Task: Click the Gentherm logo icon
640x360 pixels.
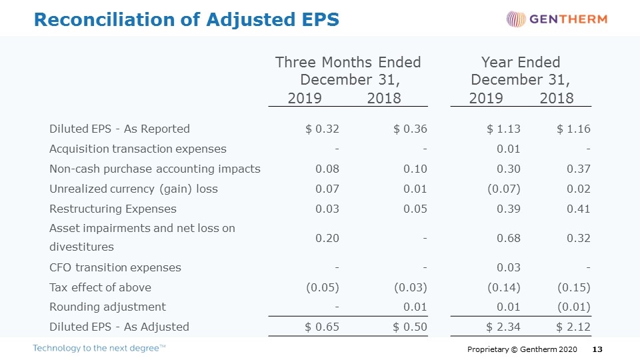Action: [x=516, y=19]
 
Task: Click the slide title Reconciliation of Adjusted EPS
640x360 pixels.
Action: [x=187, y=19]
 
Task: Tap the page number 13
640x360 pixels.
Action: [x=597, y=349]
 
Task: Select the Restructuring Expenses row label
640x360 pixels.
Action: [x=113, y=209]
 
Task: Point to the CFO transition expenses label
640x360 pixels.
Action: [x=115, y=267]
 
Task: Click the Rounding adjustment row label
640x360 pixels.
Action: [x=108, y=307]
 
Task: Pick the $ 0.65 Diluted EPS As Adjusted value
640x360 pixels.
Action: [x=322, y=327]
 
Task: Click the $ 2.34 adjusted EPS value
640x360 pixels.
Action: [x=503, y=327]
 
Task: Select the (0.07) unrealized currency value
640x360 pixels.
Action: [x=504, y=189]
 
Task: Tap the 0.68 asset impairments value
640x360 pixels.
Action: [x=509, y=239]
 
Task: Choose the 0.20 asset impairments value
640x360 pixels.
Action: [x=327, y=239]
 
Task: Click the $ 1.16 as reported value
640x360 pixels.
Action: [x=573, y=129]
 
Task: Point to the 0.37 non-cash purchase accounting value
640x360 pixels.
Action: [x=579, y=169]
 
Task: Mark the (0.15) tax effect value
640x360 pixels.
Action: [x=574, y=288]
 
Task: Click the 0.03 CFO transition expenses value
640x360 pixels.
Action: [x=509, y=268]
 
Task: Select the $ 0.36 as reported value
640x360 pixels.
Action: [x=410, y=129]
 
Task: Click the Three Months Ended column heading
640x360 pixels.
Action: [x=348, y=63]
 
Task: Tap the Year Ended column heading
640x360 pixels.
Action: [x=521, y=63]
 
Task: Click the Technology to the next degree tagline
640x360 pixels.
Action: [x=99, y=348]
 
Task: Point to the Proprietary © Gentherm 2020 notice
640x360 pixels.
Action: [x=522, y=349]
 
